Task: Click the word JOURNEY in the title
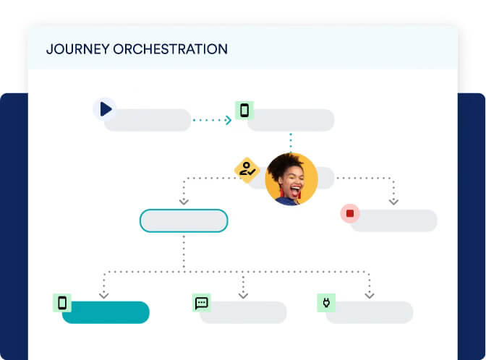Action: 78,49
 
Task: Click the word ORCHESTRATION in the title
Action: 171,49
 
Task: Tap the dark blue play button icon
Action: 106,109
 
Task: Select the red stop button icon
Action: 350,213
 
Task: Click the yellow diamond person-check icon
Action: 247,171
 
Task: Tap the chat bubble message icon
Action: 202,303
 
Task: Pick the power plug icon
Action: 326,303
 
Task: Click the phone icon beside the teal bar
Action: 62,303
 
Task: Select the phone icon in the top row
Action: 244,111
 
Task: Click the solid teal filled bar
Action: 106,312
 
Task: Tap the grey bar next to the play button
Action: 148,120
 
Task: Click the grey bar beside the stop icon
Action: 394,220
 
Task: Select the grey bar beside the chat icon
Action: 243,312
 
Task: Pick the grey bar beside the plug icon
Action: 370,312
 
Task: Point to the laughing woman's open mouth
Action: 294,191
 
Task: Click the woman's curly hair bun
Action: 284,163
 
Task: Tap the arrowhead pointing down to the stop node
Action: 393,202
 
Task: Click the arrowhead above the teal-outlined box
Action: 184,202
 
